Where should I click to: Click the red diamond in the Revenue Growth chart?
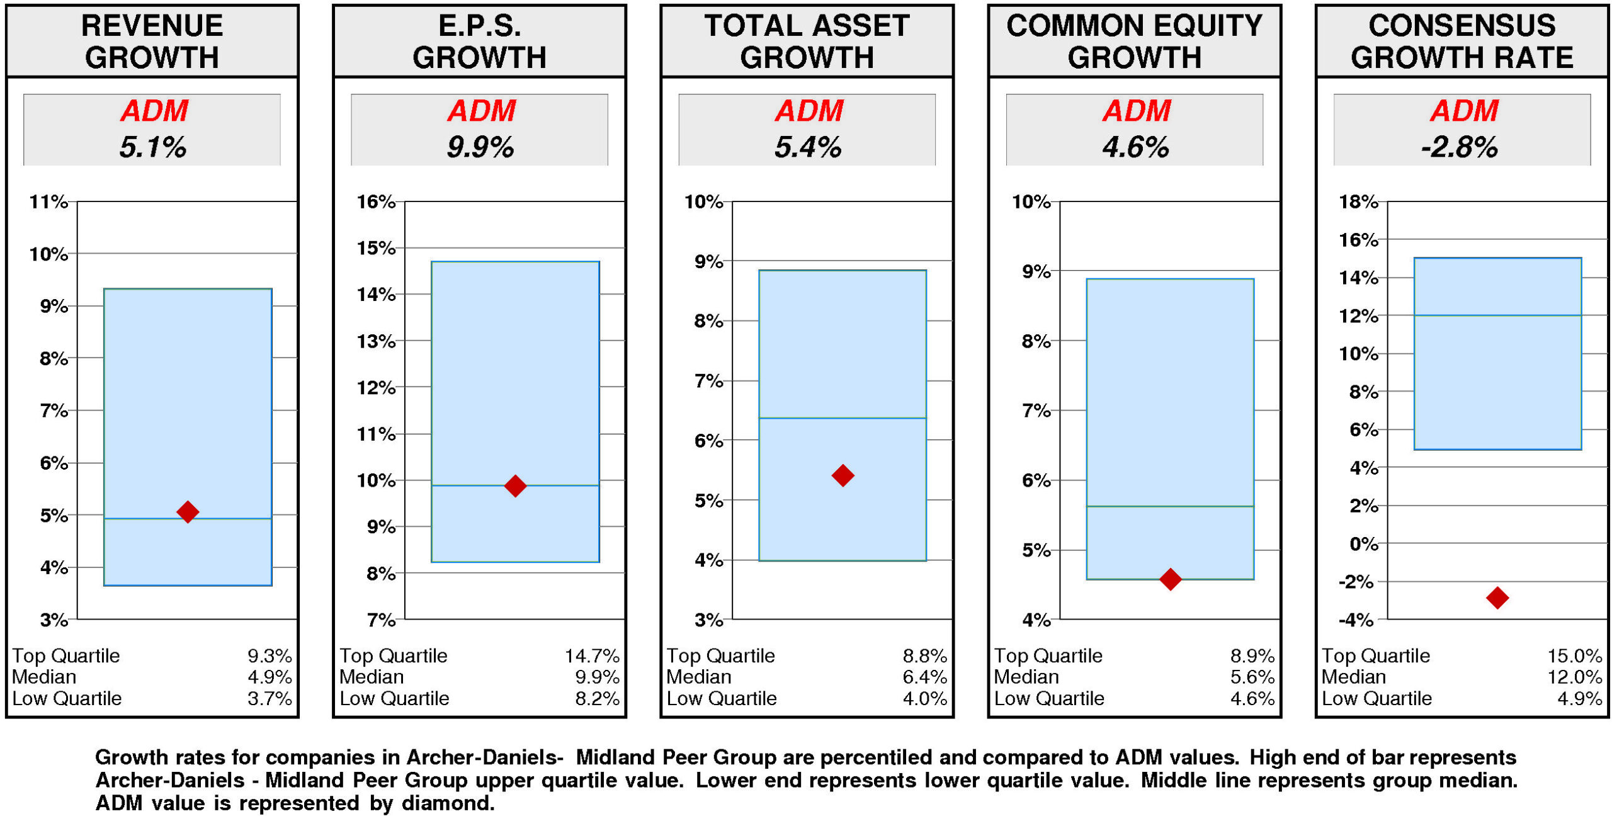(x=188, y=512)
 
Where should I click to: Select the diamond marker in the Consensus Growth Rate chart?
(x=1497, y=597)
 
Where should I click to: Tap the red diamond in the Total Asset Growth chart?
(x=843, y=475)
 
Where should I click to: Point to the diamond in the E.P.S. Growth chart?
(x=515, y=485)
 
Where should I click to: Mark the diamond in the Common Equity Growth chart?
(x=1170, y=579)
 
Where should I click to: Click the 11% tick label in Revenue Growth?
(x=48, y=202)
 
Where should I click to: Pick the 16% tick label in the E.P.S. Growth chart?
(x=376, y=202)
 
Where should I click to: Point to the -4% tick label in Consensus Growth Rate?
(x=1356, y=620)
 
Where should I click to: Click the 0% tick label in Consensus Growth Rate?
(x=1363, y=544)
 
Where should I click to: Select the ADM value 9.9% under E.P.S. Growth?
(x=480, y=147)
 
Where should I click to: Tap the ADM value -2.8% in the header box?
(x=1459, y=147)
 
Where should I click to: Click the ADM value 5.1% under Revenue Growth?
(x=152, y=147)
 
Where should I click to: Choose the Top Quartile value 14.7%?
(x=591, y=656)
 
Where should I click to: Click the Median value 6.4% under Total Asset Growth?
(x=924, y=677)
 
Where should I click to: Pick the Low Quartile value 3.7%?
(x=270, y=699)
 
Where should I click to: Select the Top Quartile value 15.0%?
(x=1574, y=656)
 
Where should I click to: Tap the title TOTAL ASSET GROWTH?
(x=807, y=42)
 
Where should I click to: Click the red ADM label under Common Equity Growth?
(x=1136, y=111)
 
